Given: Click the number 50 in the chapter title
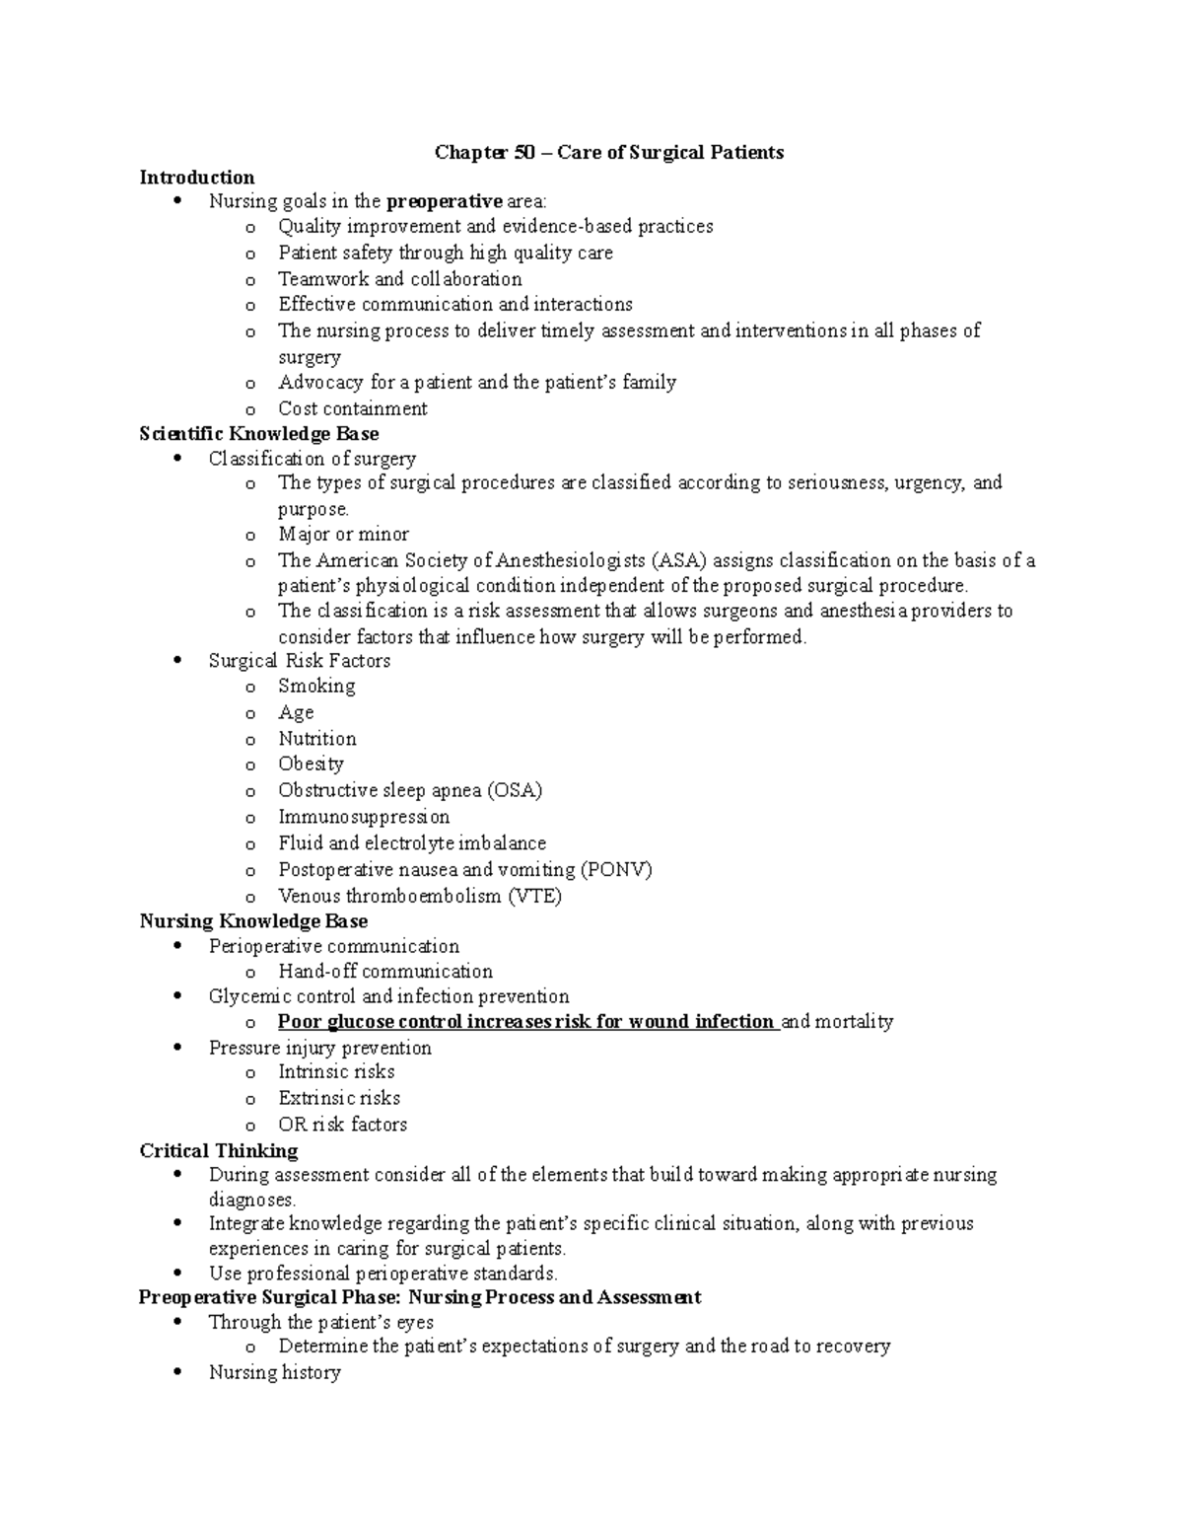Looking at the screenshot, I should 525,152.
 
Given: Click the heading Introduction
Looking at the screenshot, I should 197,178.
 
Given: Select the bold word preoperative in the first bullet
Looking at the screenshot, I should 444,202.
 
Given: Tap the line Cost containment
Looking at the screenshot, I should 352,408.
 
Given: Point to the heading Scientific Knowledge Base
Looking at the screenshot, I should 259,434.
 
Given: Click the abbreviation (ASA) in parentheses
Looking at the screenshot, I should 680,561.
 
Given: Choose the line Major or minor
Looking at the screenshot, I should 343,535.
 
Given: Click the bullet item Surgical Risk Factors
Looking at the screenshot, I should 299,661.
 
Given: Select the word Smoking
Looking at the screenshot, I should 316,687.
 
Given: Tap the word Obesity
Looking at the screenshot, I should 311,764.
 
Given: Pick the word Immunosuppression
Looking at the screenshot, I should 364,817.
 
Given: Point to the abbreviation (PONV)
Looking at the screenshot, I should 616,869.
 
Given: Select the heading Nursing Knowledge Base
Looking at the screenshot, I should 253,921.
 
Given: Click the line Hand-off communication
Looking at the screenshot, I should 384,972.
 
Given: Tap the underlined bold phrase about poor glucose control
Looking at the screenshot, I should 526,1022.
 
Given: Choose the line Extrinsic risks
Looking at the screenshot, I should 339,1098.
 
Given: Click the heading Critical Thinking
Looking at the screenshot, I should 219,1151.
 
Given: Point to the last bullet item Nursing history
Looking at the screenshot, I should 274,1372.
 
